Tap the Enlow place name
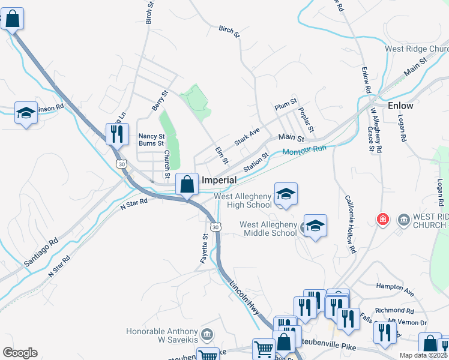pyautogui.click(x=400, y=106)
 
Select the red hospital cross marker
pyautogui.click(x=382, y=220)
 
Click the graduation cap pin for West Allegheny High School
pyautogui.click(x=286, y=194)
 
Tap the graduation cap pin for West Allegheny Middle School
pyautogui.click(x=315, y=226)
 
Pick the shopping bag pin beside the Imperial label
pyautogui.click(x=187, y=184)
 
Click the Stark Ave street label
pyautogui.click(x=247, y=136)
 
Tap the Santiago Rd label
pyautogui.click(x=41, y=252)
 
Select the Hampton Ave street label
pyautogui.click(x=394, y=292)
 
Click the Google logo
pyautogui.click(x=20, y=353)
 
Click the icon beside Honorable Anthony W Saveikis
pyautogui.click(x=207, y=334)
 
